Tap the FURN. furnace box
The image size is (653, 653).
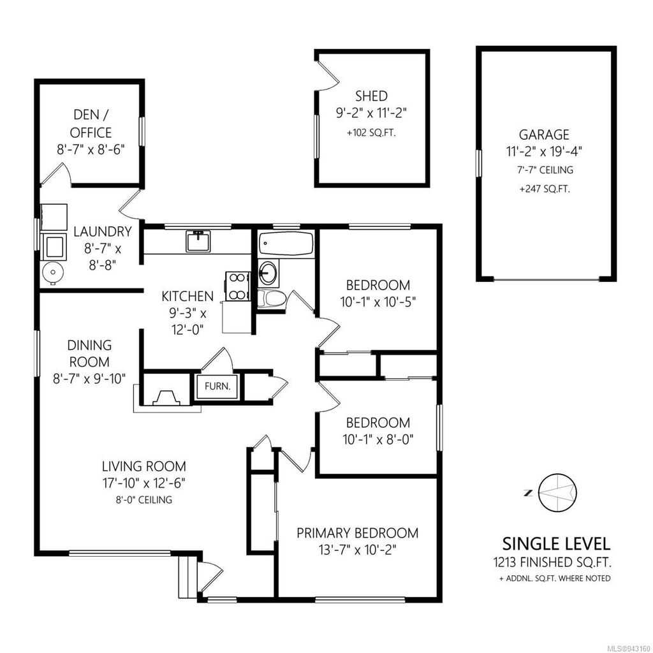pos(217,386)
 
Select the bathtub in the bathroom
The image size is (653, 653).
pos(286,244)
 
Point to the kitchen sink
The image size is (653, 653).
pos(198,242)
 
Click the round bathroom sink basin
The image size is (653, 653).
pos(270,273)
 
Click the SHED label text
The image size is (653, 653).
pos(371,96)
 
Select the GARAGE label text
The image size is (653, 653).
pos(543,135)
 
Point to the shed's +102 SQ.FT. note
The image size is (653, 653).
pos(371,133)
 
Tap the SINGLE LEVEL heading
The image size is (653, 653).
pos(556,544)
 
